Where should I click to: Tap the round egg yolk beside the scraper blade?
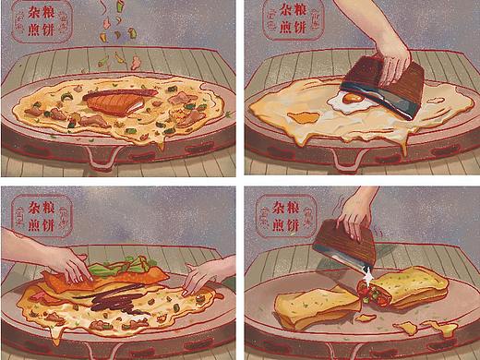(x=353, y=98)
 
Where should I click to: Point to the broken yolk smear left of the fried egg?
(x=303, y=117)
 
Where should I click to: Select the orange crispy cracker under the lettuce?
(x=102, y=280)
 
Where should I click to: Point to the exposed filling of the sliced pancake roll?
(x=371, y=292)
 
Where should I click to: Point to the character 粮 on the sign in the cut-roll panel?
(x=293, y=207)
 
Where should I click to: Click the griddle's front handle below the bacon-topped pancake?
(x=102, y=159)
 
